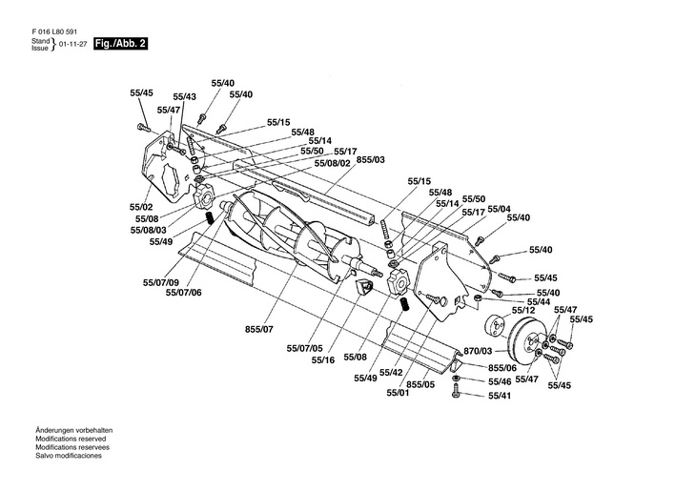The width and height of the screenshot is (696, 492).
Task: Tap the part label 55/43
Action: coord(185,97)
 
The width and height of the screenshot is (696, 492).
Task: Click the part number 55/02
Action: coord(141,207)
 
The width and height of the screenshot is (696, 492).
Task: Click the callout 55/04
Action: coord(499,209)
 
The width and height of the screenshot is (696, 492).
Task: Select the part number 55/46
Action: coord(500,381)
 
